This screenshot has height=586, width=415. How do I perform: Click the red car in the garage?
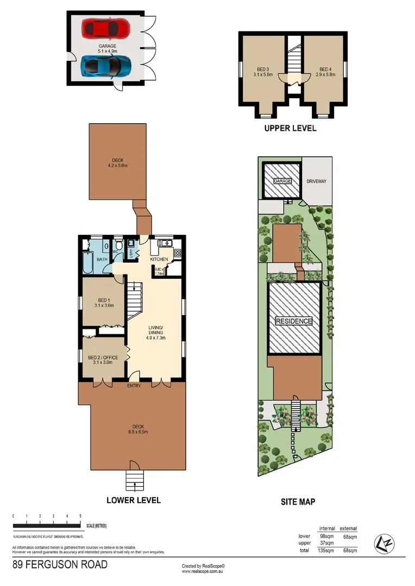tap(106, 28)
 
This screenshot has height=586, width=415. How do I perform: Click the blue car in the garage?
tap(106, 66)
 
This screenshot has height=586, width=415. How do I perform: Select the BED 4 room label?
tap(324, 72)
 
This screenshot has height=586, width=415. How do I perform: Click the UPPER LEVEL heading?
tap(290, 129)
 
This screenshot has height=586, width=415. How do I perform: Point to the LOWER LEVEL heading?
tap(133, 500)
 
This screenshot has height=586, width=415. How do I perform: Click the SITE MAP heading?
tap(298, 502)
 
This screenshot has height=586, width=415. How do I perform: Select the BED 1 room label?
tap(104, 303)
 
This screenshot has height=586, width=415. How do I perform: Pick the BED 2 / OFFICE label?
tap(104, 359)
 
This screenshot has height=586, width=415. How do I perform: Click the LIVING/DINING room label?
tap(156, 332)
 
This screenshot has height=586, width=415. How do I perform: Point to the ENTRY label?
tap(134, 386)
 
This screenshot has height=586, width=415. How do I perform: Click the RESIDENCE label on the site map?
tap(294, 321)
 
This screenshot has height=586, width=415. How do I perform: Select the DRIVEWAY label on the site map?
tap(316, 181)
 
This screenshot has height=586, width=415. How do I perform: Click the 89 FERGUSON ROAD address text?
tap(60, 565)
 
